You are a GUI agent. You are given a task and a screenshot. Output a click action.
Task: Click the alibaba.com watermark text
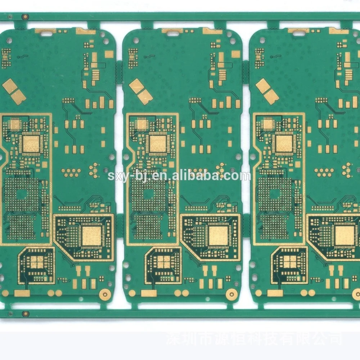[x=179, y=176]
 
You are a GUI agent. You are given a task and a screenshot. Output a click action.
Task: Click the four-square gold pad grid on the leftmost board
[x=37, y=262]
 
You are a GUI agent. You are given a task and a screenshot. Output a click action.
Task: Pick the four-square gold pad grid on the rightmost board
[x=290, y=262]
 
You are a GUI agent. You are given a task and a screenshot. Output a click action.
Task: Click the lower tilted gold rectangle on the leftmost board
[x=19, y=97]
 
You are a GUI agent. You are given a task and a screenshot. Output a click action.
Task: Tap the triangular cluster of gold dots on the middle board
[x=221, y=169]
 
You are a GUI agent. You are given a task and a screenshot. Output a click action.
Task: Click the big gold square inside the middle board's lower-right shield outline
[x=218, y=236]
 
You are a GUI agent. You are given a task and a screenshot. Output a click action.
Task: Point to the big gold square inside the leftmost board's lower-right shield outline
[x=91, y=236]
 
